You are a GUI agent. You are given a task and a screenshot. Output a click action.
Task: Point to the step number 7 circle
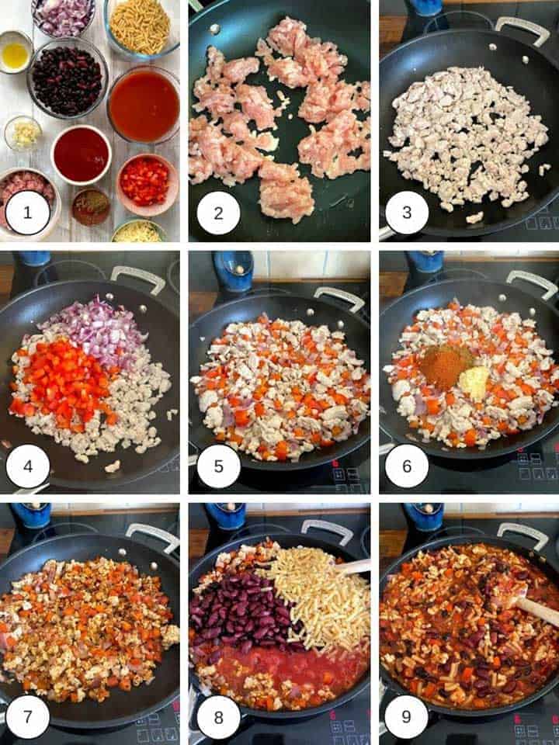tap(27, 719)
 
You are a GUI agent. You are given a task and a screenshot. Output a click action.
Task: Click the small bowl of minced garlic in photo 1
tap(22, 133)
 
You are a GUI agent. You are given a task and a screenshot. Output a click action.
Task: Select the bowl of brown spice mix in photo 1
tap(91, 206)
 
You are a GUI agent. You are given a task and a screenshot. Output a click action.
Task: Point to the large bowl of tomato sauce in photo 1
tap(144, 106)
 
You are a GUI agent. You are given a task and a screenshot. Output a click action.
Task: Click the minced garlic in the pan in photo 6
tap(474, 380)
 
